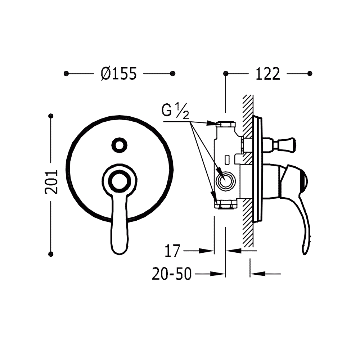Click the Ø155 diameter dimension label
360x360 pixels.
(x=119, y=74)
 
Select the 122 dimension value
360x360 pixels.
(x=268, y=74)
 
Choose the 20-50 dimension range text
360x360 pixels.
(x=172, y=274)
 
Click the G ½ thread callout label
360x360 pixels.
(x=175, y=111)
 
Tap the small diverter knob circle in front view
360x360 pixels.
(x=120, y=145)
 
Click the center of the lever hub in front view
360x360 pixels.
(x=120, y=181)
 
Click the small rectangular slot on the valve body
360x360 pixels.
(x=227, y=160)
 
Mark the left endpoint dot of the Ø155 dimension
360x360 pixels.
(x=66, y=74)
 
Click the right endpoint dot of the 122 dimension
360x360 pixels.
(x=310, y=73)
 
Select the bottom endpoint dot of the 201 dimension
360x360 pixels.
(x=51, y=254)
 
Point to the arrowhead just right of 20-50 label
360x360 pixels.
(x=218, y=274)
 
